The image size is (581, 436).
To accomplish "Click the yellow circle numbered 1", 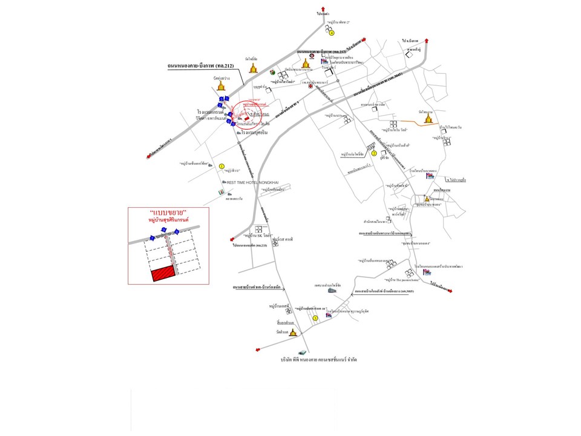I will point(222,165).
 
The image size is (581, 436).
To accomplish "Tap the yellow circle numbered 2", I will point(374,153).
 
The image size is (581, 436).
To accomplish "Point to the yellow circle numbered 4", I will point(332,33).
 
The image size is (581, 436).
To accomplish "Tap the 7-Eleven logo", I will point(221,192).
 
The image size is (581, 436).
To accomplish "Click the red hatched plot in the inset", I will point(163,274).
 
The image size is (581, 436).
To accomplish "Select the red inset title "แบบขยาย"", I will point(168,214).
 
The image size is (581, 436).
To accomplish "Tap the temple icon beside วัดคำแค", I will point(293,332).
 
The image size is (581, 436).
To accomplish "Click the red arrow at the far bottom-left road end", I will point(260,348).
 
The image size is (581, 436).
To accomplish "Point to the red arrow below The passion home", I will point(451,290).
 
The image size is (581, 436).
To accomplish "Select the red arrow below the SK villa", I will point(232,239).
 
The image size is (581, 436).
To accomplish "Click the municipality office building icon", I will point(332,291).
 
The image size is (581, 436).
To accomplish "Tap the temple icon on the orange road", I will point(428,119).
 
